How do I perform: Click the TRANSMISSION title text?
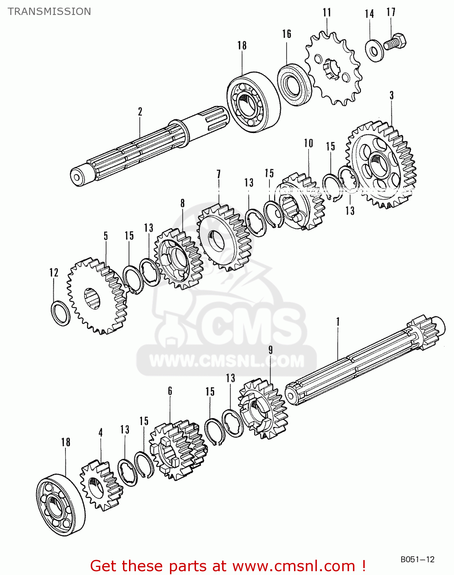pyautogui.click(x=49, y=11)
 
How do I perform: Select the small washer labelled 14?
pyautogui.click(x=373, y=50)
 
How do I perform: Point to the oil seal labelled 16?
pyautogui.click(x=294, y=84)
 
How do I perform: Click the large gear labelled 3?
pyautogui.click(x=381, y=165)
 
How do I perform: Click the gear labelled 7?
pyautogui.click(x=224, y=238)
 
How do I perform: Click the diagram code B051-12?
pyautogui.click(x=417, y=559)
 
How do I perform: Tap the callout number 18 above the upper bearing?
pyautogui.click(x=242, y=45)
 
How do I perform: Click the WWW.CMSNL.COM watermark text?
pyautogui.click(x=227, y=361)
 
